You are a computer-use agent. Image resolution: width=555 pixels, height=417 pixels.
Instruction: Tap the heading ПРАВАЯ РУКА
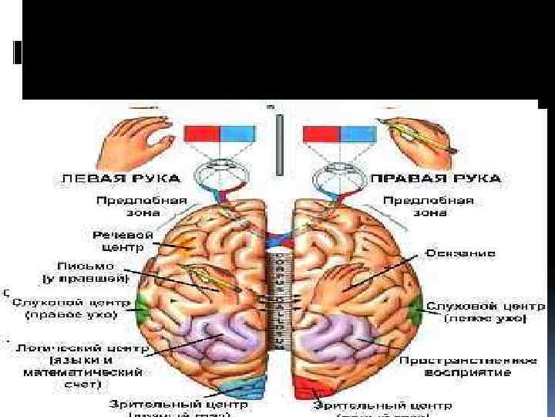pyautogui.click(x=436, y=178)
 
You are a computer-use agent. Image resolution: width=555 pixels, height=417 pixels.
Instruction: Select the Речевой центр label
pyautogui.click(x=124, y=240)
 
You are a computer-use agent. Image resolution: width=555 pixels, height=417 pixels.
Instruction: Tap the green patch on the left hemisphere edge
pyautogui.click(x=143, y=310)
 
